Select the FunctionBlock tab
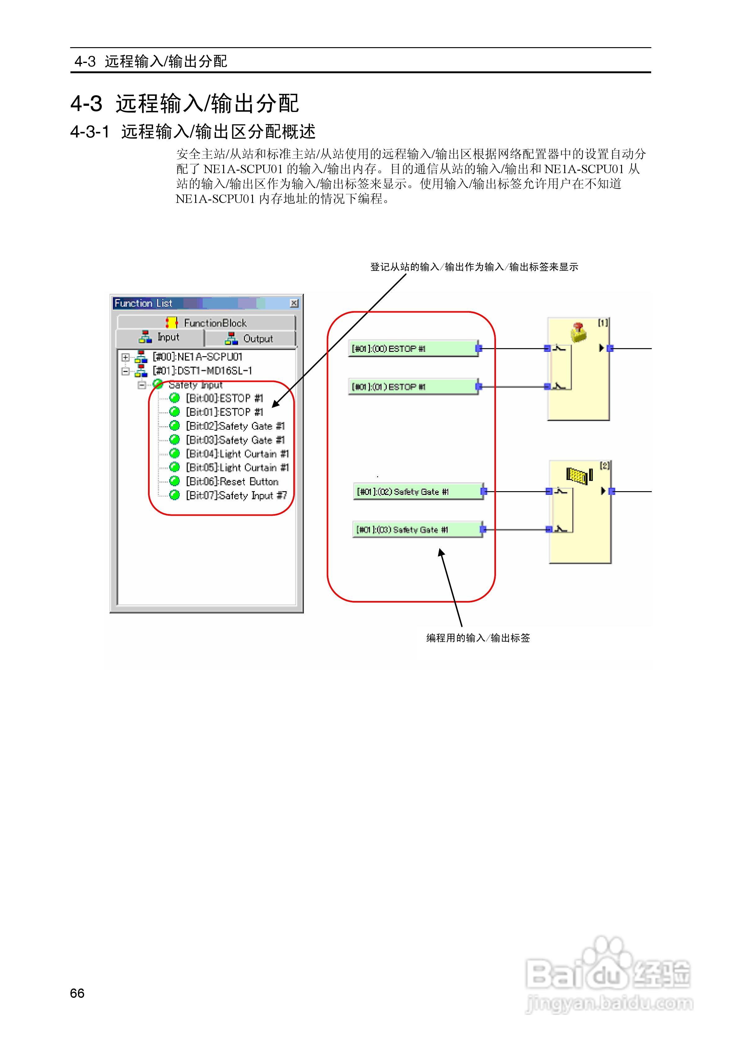[206, 323]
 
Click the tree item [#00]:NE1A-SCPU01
[197, 357]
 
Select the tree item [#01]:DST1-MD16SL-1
[202, 371]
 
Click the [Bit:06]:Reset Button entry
[232, 482]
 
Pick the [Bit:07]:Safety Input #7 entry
[236, 496]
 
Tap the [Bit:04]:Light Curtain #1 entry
[237, 454]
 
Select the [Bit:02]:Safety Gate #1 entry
[235, 426]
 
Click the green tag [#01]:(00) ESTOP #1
[412, 349]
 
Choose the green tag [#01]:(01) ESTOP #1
[412, 387]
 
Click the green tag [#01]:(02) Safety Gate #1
[417, 491]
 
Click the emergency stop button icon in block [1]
[578, 332]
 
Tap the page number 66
[77, 993]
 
